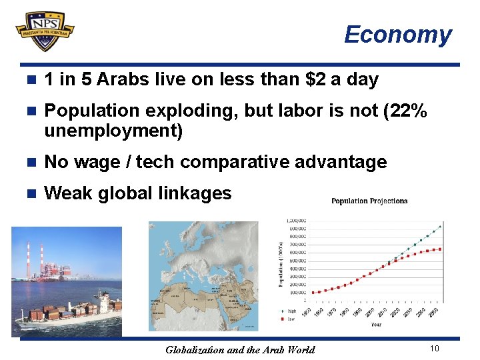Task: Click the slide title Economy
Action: pyautogui.click(x=397, y=35)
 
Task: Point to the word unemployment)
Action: pyautogui.click(x=113, y=131)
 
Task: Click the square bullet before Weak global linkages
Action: pyautogui.click(x=29, y=194)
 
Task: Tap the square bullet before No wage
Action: pyautogui.click(x=29, y=163)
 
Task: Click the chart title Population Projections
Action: pyautogui.click(x=369, y=201)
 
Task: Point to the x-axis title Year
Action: pyautogui.click(x=377, y=325)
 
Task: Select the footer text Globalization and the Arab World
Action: pyautogui.click(x=240, y=349)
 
